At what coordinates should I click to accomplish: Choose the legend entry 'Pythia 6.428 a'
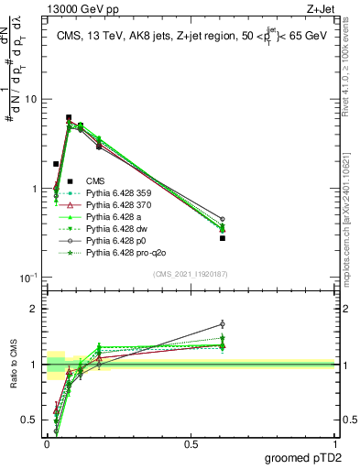[117, 221]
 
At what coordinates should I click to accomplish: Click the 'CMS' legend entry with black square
[95, 180]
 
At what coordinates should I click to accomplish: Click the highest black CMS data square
[69, 117]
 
